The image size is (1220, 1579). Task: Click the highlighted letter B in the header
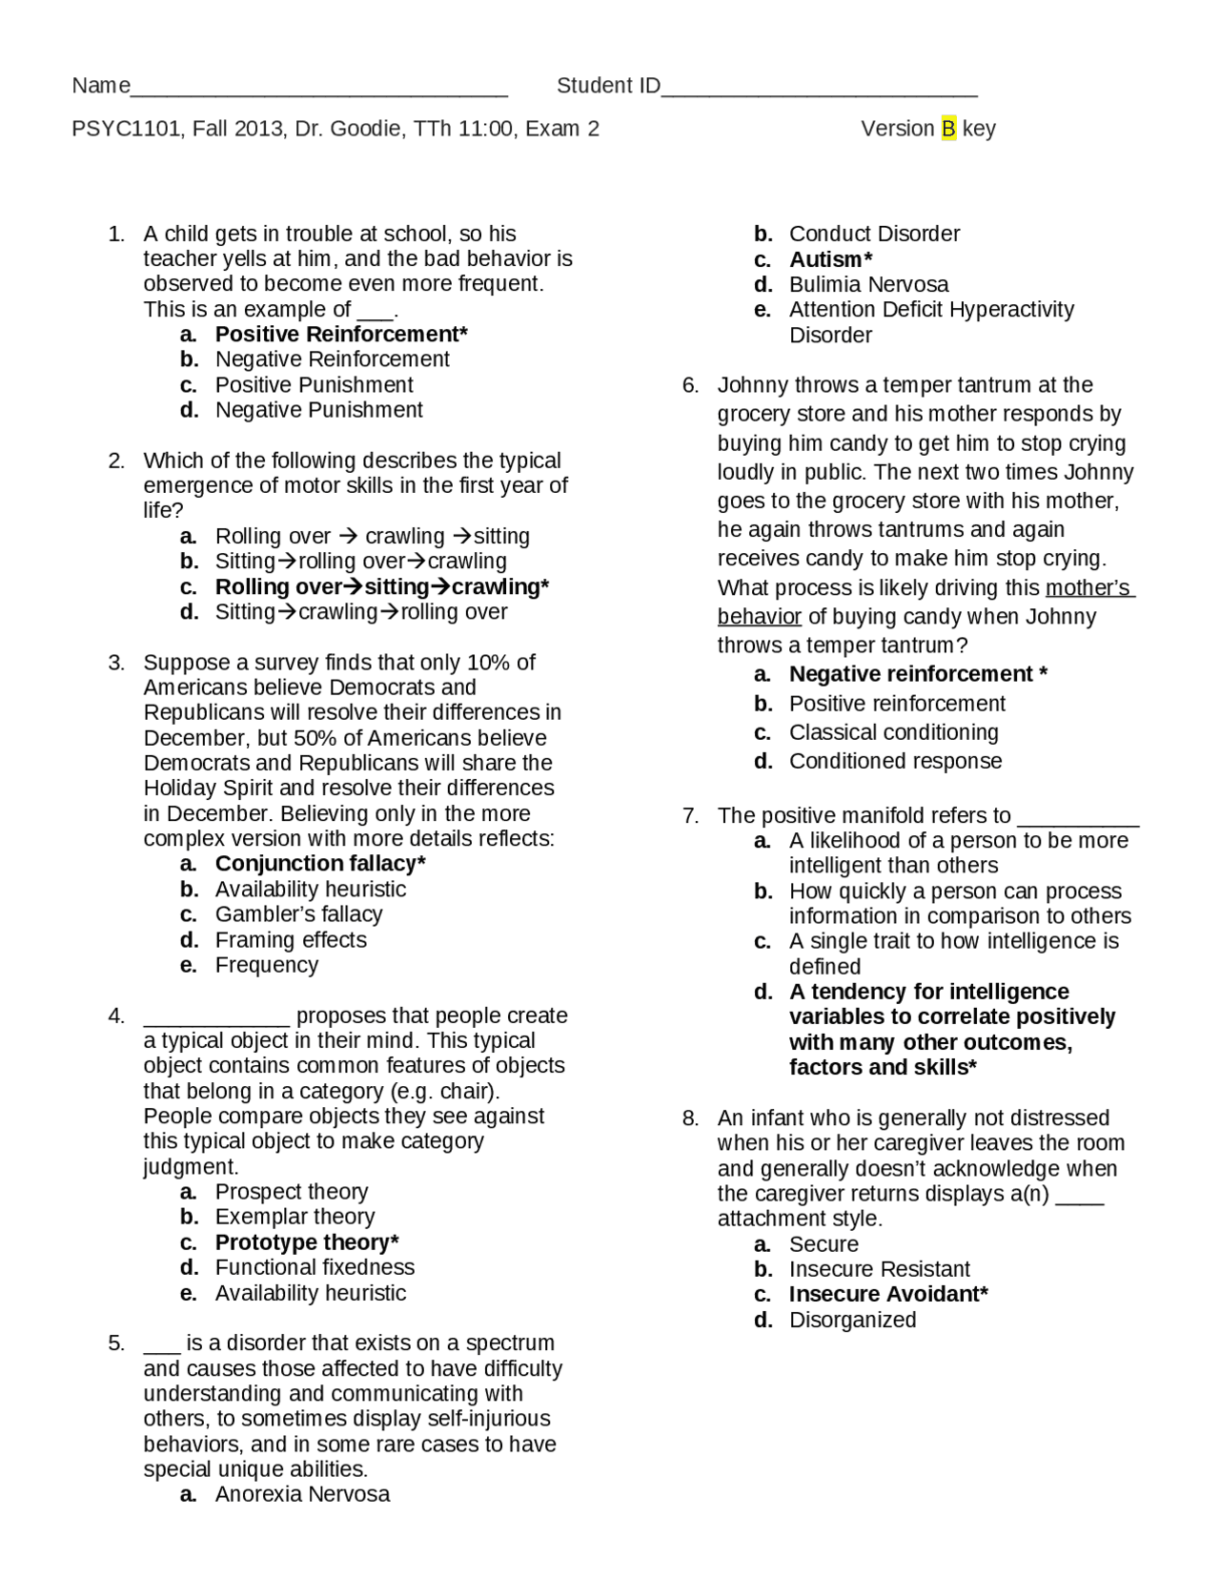(x=948, y=129)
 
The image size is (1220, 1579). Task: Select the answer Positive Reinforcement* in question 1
(x=341, y=335)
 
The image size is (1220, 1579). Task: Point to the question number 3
(x=116, y=663)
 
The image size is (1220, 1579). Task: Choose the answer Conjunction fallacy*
(x=320, y=864)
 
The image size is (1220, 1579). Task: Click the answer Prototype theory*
(x=307, y=1242)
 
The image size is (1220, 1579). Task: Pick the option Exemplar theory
(x=295, y=1217)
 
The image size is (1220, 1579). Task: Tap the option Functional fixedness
(x=315, y=1267)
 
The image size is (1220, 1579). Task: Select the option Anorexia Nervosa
(x=302, y=1494)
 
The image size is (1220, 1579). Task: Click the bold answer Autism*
(x=830, y=259)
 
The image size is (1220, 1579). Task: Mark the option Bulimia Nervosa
(x=868, y=284)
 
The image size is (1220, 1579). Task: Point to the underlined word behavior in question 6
(x=759, y=617)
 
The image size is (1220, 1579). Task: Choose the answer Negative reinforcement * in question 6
(x=918, y=674)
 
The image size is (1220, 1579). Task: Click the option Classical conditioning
(x=893, y=732)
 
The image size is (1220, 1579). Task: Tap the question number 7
(x=690, y=816)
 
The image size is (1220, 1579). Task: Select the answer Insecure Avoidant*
(x=888, y=1294)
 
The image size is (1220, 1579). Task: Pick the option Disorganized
(x=852, y=1320)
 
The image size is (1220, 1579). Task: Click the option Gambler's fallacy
(x=298, y=914)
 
